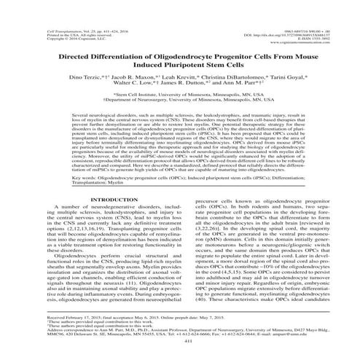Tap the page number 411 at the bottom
pyautogui.click(x=179, y=341)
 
